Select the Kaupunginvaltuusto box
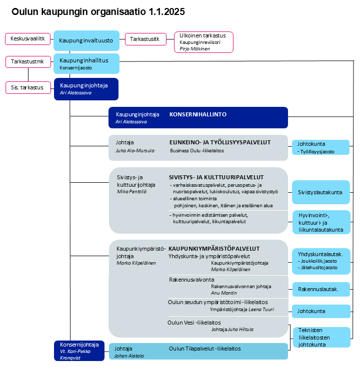pos(86,40)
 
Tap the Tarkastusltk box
pos(145,39)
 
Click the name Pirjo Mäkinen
pos(195,49)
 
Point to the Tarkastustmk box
pos(27,62)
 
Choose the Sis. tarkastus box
pos(27,87)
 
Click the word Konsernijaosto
pos(76,67)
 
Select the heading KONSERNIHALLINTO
pos(198,114)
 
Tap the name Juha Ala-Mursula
pos(135,150)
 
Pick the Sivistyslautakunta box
pos(320,192)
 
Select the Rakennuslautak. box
pos(318,289)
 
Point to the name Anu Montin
pos(224,293)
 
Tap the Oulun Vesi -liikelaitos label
pos(194,323)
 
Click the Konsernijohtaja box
pos(79,350)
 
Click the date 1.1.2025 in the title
pos(166,12)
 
